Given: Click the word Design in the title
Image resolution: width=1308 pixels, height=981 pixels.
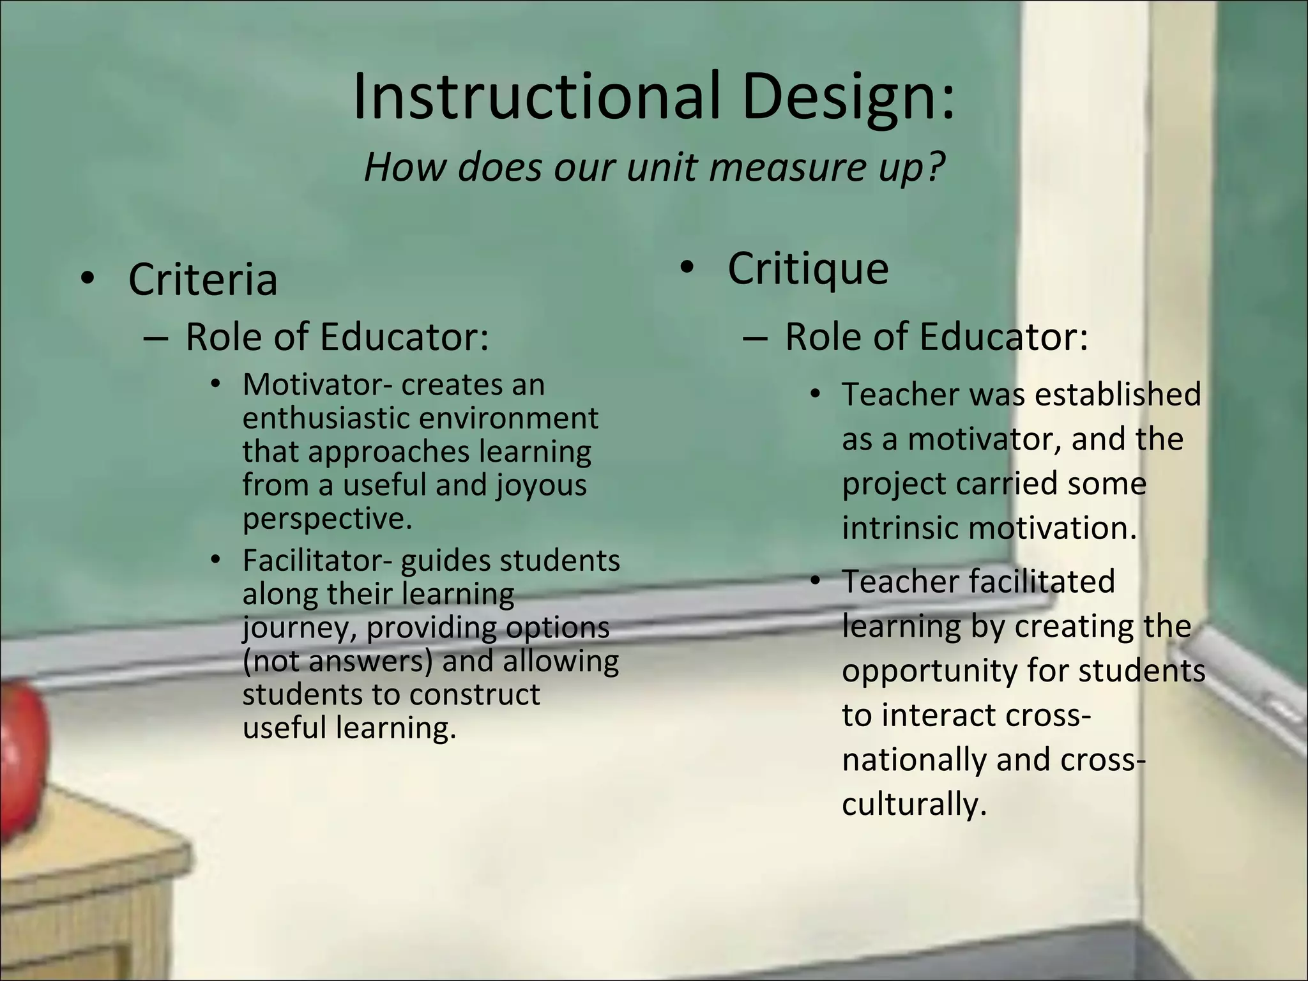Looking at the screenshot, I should pos(848,98).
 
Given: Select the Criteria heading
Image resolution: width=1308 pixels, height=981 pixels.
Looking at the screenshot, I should pos(202,279).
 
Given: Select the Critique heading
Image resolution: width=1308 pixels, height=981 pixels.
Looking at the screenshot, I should pos(807,268).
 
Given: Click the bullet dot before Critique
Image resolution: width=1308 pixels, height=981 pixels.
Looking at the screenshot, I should pos(687,268).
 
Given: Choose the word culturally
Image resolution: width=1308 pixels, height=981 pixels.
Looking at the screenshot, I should pos(913,803).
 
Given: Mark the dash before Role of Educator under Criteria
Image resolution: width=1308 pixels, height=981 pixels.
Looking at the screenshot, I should pos(156,337).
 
